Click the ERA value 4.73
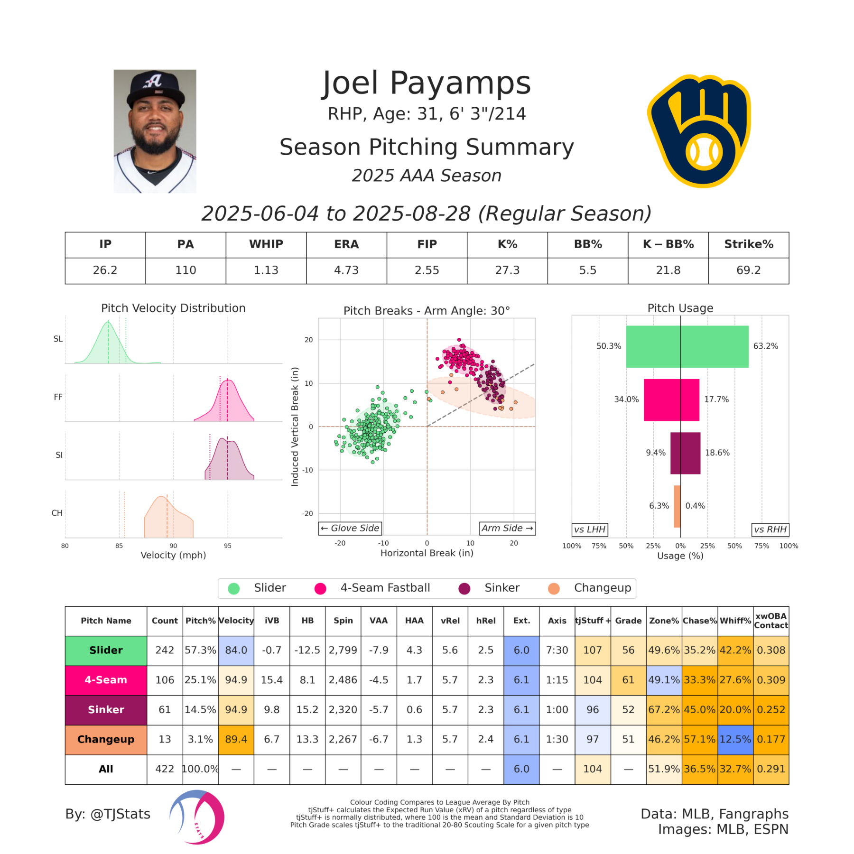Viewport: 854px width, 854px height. pos(346,270)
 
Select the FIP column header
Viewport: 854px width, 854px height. pos(427,244)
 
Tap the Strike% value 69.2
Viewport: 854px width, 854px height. pos(748,270)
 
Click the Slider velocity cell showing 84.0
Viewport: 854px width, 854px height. pos(236,650)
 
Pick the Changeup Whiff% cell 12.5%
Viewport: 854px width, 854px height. pos(735,739)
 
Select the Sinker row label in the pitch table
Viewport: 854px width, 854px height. pos(106,709)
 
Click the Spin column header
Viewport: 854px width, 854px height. pos(343,621)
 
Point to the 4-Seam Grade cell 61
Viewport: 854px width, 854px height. pos(628,680)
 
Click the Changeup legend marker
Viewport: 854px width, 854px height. pos(554,588)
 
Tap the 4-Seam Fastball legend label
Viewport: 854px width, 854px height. pos(385,588)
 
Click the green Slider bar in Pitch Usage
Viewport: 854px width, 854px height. pos(687,346)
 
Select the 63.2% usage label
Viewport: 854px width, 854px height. pos(765,346)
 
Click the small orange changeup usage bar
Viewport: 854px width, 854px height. pos(677,506)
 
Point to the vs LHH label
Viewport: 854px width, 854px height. pos(590,529)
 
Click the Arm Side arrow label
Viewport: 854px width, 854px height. pos(507,528)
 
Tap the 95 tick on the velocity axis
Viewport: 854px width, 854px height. pos(228,546)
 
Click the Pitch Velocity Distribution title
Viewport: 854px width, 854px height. pos(173,308)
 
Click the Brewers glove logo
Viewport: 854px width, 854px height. pos(699,131)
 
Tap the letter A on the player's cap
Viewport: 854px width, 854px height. pos(153,81)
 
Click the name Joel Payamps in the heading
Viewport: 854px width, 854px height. pos(427,84)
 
